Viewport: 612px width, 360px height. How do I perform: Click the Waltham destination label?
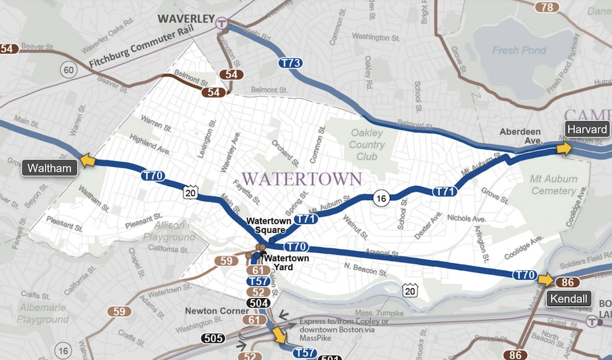49,168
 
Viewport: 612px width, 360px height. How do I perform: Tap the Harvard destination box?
587,129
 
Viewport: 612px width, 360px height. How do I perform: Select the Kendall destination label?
570,299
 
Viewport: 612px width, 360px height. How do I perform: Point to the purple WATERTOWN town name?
302,179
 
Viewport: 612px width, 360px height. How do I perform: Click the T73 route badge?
289,62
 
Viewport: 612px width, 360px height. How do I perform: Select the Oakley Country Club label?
367,144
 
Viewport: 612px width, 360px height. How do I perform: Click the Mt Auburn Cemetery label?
553,185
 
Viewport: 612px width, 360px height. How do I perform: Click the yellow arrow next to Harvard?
564,148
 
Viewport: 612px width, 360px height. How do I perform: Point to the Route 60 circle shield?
68,70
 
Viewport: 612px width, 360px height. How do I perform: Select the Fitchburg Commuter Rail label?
129,53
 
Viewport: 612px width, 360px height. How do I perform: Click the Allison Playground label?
169,231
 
